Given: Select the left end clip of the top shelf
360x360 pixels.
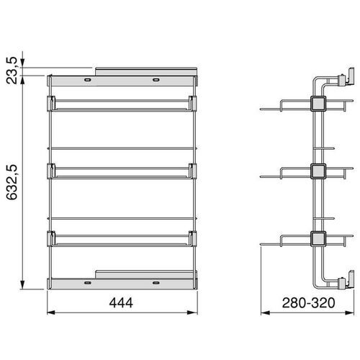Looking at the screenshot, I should click(x=51, y=103).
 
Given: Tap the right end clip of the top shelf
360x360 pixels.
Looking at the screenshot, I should click(x=193, y=103).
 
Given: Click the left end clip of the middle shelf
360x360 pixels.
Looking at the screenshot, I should click(x=51, y=170).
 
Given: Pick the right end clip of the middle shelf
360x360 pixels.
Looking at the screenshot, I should click(x=193, y=170).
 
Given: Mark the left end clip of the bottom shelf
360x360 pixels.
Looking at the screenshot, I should click(x=51, y=237).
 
